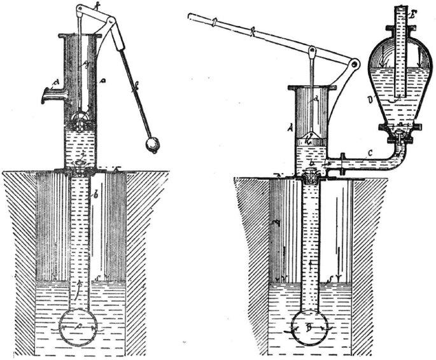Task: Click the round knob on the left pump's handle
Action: (x=152, y=144)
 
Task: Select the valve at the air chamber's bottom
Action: (x=398, y=132)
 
